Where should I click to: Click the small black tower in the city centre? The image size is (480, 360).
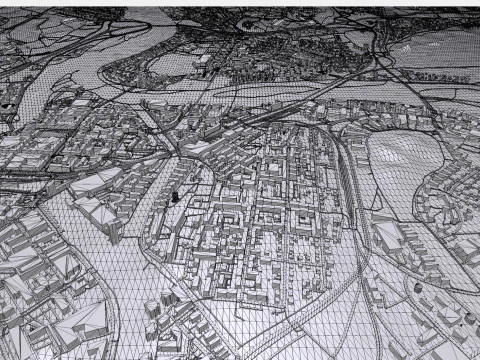[177, 196]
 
